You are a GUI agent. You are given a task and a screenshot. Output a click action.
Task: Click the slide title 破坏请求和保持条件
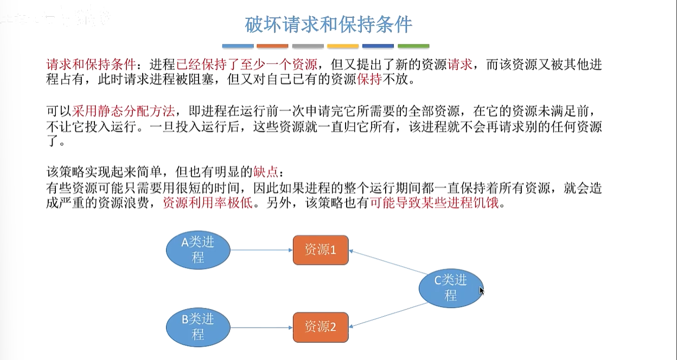point(329,24)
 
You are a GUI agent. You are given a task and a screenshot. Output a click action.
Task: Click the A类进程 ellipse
point(197,250)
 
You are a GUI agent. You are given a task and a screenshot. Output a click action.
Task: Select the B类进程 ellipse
point(197,327)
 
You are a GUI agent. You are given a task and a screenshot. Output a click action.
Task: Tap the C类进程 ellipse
point(451,288)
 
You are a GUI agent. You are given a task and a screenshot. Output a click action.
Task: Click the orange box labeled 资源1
point(321,250)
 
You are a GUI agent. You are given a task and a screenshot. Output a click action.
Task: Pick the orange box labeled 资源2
point(321,327)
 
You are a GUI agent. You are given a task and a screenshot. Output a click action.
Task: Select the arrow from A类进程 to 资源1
point(261,250)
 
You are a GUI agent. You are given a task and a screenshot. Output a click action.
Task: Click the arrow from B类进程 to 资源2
point(261,327)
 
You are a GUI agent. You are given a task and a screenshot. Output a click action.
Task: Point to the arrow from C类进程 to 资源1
point(388,262)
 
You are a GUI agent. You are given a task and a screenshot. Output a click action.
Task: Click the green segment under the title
point(413,46)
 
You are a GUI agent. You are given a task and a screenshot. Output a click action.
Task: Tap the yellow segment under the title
point(343,46)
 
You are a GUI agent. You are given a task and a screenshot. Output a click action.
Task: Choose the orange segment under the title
point(272,46)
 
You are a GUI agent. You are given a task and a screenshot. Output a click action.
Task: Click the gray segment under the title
point(308,46)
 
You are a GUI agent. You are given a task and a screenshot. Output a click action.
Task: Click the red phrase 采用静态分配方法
point(123,111)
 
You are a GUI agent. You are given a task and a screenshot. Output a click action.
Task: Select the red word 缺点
point(265,172)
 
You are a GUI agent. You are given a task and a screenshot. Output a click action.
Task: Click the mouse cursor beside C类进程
point(482,291)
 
